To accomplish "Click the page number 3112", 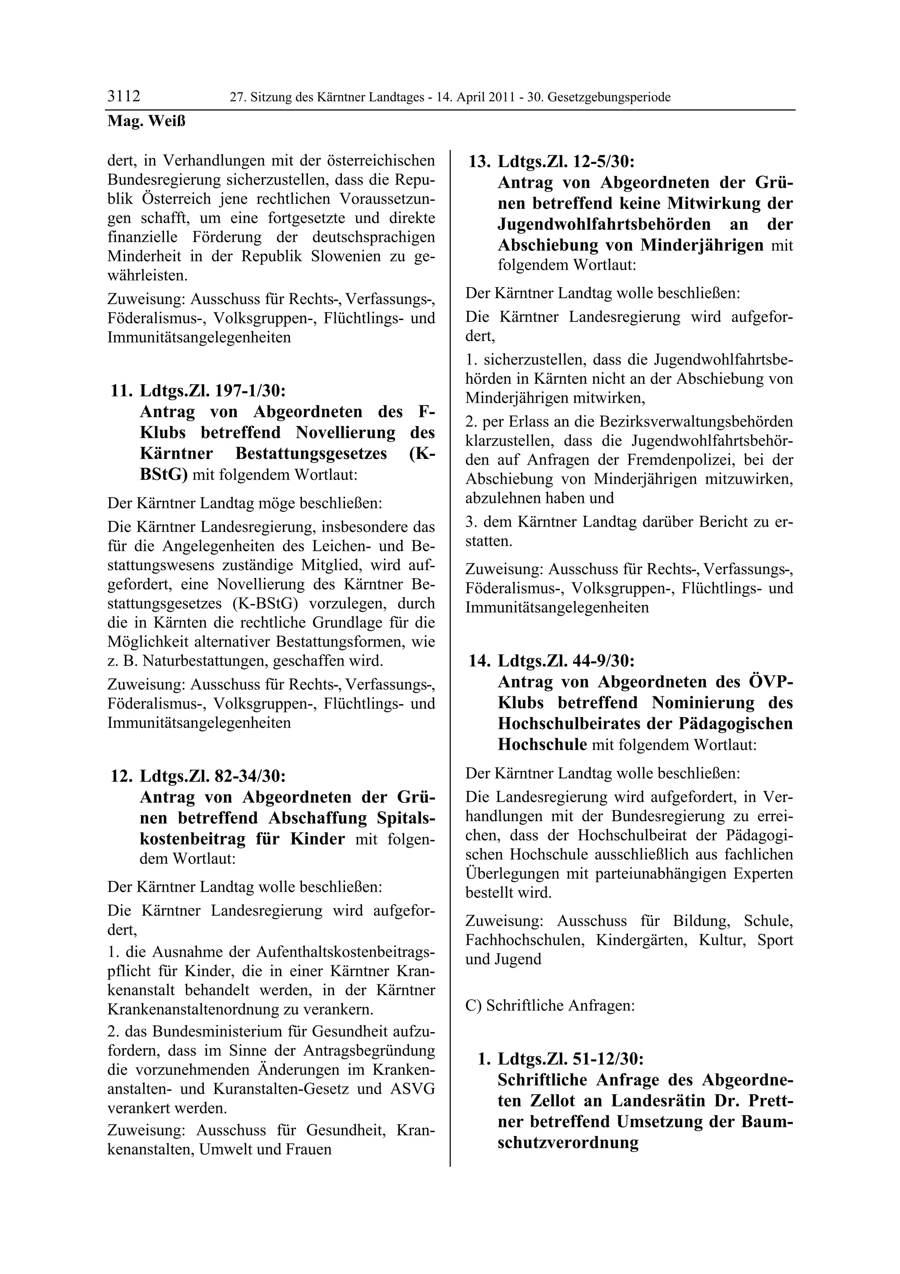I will (x=123, y=97).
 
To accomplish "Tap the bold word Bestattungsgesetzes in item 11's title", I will (x=311, y=453).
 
